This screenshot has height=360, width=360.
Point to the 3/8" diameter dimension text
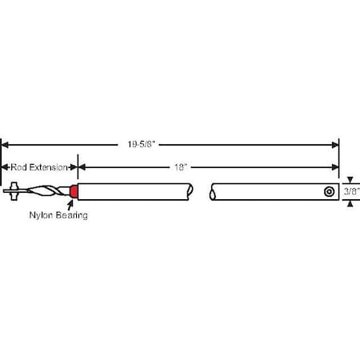click(351, 192)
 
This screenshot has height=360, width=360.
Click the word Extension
click(50, 167)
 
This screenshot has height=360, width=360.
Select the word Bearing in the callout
click(72, 215)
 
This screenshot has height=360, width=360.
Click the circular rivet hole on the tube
click(329, 192)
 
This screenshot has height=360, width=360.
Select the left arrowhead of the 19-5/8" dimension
click(5, 145)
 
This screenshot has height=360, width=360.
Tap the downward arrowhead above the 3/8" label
click(349, 180)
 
